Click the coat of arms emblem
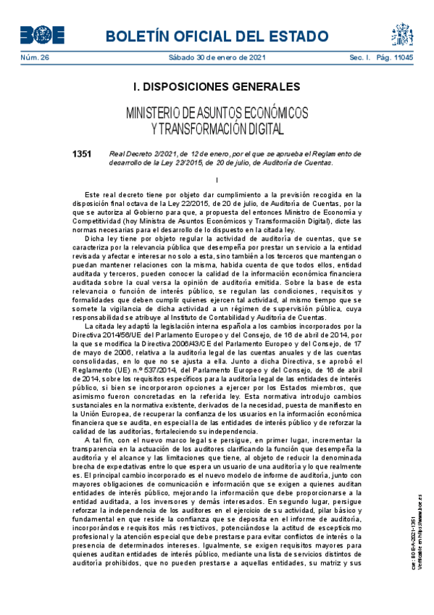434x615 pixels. [x=402, y=34]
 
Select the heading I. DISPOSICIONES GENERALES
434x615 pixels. [x=217, y=87]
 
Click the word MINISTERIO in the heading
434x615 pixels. [x=153, y=113]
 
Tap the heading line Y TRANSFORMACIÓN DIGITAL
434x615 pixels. [x=217, y=129]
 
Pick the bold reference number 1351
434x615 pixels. [x=82, y=154]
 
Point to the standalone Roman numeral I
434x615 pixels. [x=217, y=180]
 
